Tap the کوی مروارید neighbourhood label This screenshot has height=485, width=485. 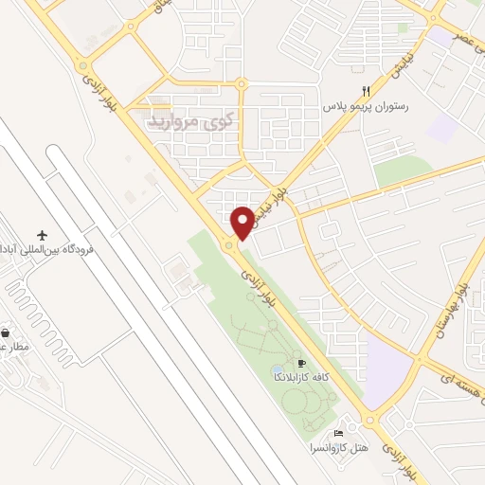(x=186, y=122)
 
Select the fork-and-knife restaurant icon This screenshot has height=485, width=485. (x=365, y=92)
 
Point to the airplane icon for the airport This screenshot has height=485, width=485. (x=42, y=234)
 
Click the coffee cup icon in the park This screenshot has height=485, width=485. (x=302, y=363)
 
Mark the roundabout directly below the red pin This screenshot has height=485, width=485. (x=231, y=247)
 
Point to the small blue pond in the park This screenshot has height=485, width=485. (x=277, y=368)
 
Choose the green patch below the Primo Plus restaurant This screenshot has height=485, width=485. (x=403, y=171)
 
